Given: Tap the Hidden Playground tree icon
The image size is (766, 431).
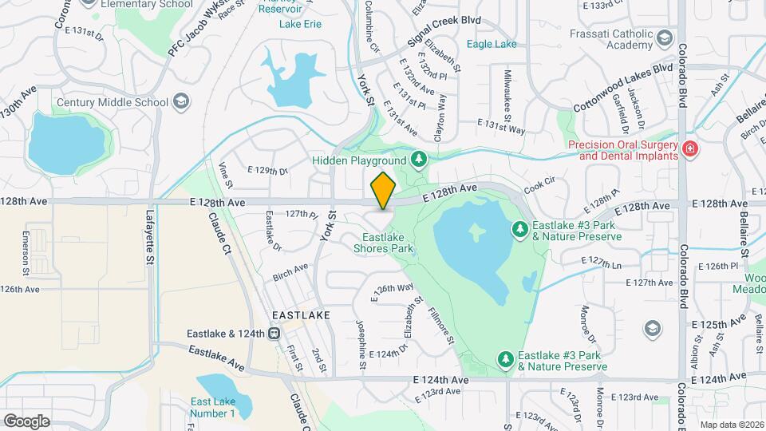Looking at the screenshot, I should click(418, 160).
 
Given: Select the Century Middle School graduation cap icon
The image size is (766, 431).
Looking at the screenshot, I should click(182, 101).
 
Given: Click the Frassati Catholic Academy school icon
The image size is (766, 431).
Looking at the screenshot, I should click(664, 38).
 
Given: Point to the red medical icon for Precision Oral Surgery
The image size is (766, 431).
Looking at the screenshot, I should click(690, 148).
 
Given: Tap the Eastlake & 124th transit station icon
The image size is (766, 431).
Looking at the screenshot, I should click(274, 334).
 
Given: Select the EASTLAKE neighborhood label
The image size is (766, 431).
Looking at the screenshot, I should click(301, 316).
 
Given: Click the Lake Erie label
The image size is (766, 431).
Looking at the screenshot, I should click(300, 24).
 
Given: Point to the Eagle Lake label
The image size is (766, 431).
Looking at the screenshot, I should click(491, 45).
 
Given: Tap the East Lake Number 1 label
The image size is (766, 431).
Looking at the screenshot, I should click(212, 407).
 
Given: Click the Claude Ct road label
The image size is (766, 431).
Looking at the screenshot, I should click(219, 233).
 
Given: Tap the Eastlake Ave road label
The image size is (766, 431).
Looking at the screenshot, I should click(216, 357).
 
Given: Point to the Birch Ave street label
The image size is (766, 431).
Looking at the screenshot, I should click(290, 272).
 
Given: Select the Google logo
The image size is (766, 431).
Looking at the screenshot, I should click(26, 421).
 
